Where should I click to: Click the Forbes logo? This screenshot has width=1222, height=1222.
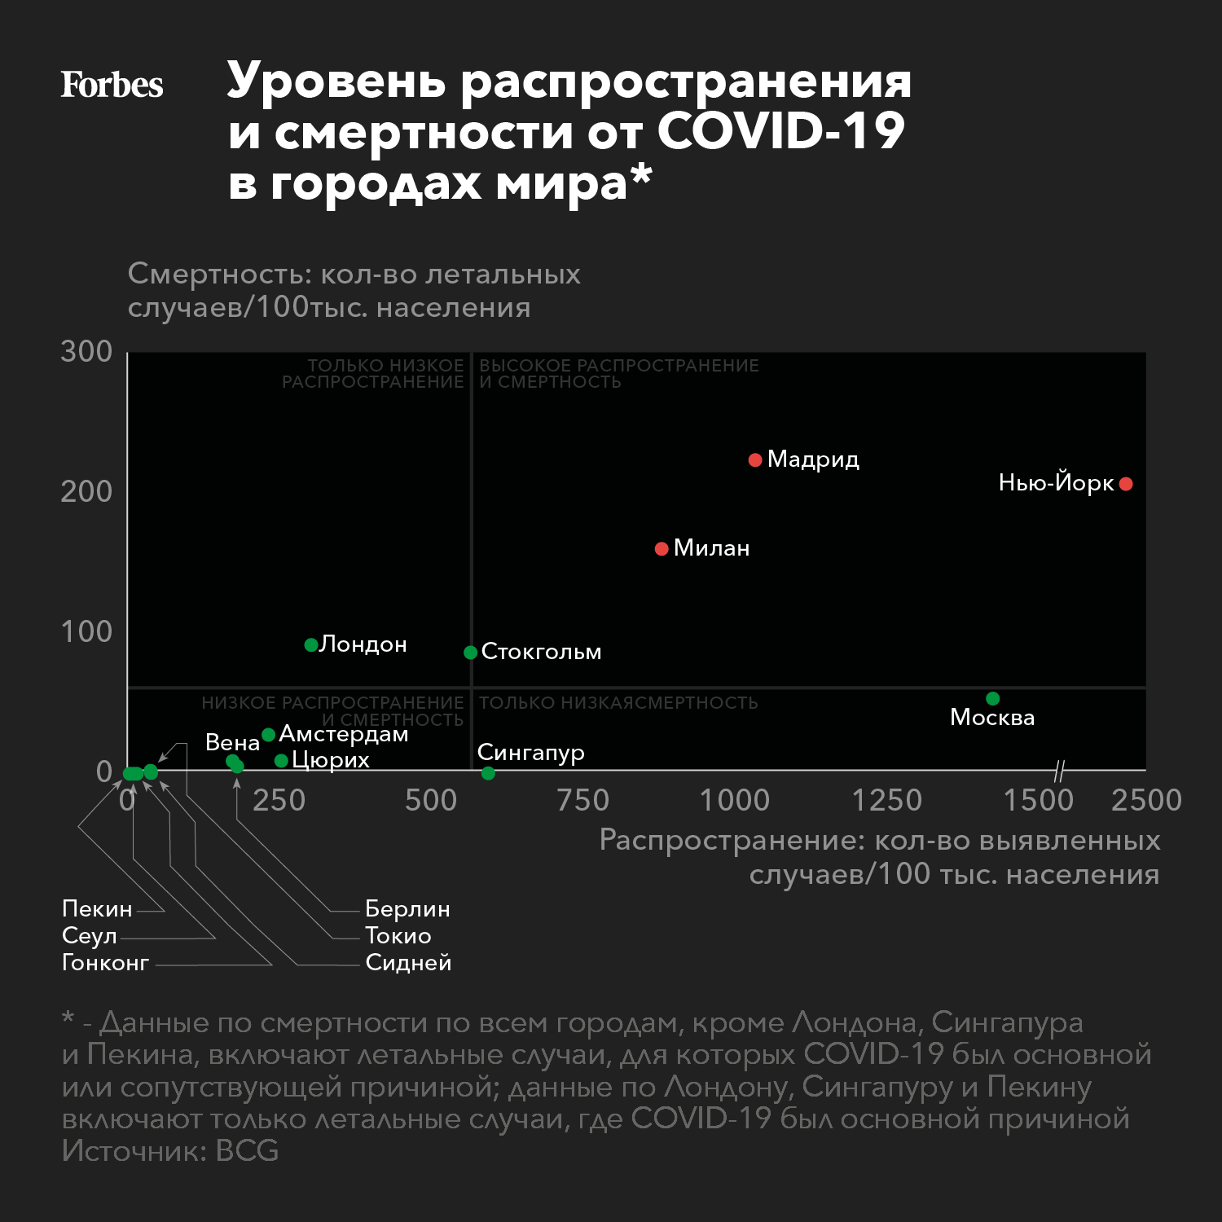pos(112,85)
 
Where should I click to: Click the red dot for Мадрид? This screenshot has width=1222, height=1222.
pos(755,460)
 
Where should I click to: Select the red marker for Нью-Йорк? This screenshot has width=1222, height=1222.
pos(1126,484)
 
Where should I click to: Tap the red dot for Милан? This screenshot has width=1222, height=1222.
pos(662,549)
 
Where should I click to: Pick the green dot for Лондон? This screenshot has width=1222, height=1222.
pos(310,645)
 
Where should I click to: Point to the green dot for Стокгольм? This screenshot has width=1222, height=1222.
pos(470,653)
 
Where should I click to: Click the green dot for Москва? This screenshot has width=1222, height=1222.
pos(992,698)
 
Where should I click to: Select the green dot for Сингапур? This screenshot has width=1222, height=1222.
pos(488,773)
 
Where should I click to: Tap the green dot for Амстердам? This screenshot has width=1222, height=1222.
pos(268,735)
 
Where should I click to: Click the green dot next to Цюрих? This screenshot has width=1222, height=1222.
pos(281,761)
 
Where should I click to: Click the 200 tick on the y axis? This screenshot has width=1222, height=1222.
pos(86,492)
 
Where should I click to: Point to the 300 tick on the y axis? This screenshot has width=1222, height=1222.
pos(86,352)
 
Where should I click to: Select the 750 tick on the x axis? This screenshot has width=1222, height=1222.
pos(582,800)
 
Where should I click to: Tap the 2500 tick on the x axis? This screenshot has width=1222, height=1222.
pos(1146,800)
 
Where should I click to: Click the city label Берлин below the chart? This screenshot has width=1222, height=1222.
pos(407,908)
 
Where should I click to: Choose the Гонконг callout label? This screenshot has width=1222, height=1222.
pos(105,963)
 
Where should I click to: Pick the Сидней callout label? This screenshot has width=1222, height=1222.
pos(408,963)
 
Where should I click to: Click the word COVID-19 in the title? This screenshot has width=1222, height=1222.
pos(780,131)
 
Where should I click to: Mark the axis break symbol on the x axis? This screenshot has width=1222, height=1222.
pos(1059,770)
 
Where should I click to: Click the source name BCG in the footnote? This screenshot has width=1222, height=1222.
pos(248,1151)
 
